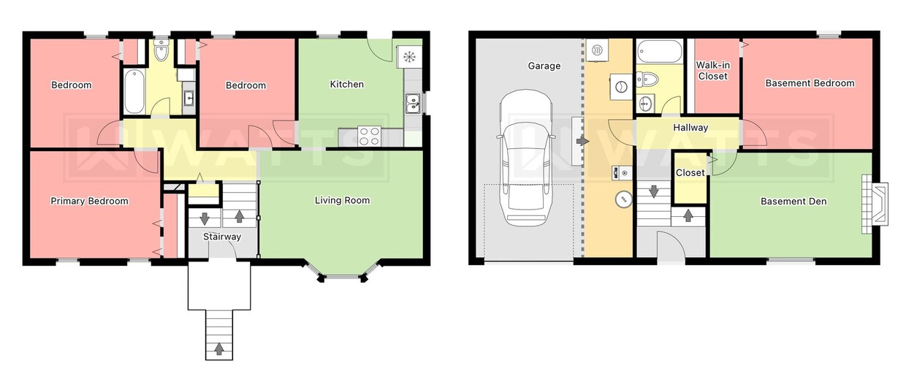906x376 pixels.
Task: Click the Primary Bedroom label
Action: (88, 201)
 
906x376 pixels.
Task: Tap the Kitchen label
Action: (346, 84)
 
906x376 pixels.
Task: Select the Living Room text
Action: (342, 200)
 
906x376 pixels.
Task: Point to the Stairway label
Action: (221, 237)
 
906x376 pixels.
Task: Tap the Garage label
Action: (544, 66)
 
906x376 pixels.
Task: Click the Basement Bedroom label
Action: (810, 83)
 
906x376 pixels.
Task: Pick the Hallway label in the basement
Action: (690, 128)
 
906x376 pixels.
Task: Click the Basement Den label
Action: (793, 201)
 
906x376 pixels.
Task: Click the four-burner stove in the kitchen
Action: (369, 135)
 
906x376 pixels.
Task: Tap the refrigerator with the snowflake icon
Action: (409, 57)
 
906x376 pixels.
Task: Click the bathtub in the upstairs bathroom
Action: (134, 92)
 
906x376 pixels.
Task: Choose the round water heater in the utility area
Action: (623, 199)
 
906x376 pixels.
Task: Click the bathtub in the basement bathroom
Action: (660, 52)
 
